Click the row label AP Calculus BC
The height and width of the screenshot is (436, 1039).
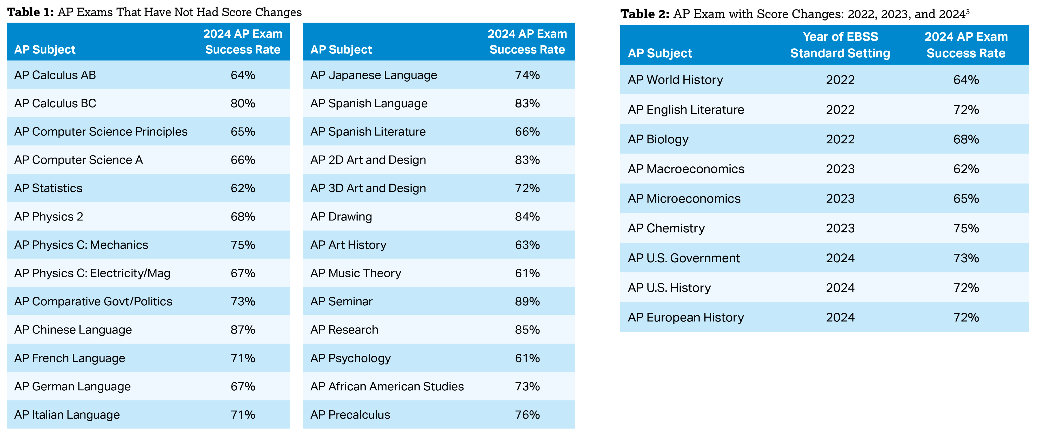pyautogui.click(x=55, y=103)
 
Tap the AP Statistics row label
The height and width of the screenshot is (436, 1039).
pyautogui.click(x=48, y=188)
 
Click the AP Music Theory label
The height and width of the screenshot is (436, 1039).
pyautogui.click(x=356, y=273)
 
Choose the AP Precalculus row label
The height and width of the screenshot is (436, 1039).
pyautogui.click(x=350, y=415)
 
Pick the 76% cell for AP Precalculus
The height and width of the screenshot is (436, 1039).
pyautogui.click(x=527, y=415)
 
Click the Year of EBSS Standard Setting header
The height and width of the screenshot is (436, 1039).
pyautogui.click(x=840, y=45)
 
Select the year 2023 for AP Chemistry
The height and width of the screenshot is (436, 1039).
pyautogui.click(x=840, y=228)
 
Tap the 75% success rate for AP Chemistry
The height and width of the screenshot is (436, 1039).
pyautogui.click(x=966, y=228)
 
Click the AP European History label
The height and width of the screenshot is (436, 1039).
pyautogui.click(x=686, y=317)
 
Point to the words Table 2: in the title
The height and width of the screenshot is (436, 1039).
pyautogui.click(x=644, y=14)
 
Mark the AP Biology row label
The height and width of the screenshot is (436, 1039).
pyautogui.click(x=658, y=139)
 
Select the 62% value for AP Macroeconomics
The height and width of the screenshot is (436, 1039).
pyautogui.click(x=966, y=169)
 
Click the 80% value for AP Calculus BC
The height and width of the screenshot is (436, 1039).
pyautogui.click(x=243, y=103)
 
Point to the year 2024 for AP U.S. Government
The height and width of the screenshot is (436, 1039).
pyautogui.click(x=840, y=258)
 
